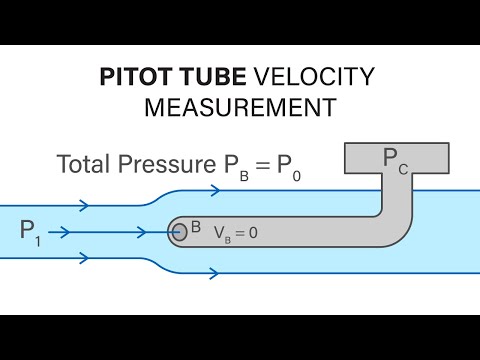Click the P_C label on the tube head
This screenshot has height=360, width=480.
[394, 157]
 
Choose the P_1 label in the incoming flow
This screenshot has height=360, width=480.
[32, 232]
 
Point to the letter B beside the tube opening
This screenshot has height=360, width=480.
[196, 226]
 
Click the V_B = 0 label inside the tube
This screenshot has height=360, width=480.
[235, 232]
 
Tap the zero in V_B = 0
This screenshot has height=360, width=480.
[253, 232]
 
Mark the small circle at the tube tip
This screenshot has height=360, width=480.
[180, 232]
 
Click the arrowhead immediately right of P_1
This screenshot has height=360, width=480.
[64, 232]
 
